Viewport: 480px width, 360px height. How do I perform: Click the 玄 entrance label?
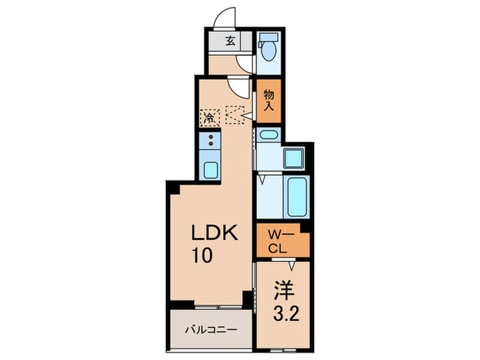pos(230,40)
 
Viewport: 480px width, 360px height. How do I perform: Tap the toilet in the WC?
pos(269,51)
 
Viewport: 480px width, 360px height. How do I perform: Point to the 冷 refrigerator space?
pos(208,117)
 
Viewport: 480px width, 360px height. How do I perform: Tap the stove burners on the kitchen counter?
pos(210,143)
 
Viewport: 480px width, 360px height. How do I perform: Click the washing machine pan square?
pos(296,159)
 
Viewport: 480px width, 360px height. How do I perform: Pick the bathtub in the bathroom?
pos(296,197)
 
